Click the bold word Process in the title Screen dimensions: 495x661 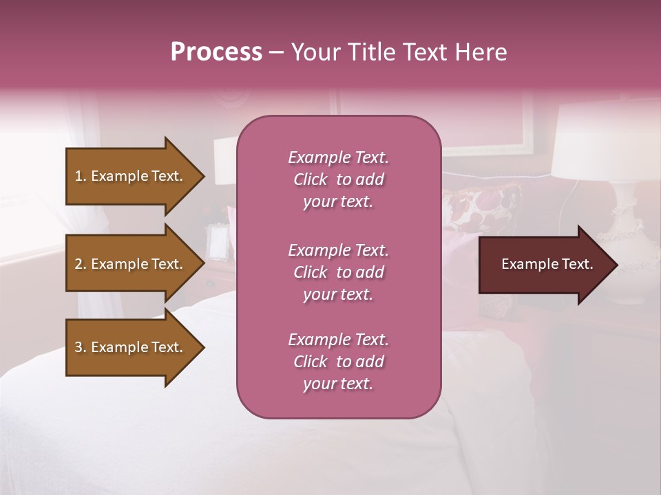216,52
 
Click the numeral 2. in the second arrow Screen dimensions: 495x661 80,264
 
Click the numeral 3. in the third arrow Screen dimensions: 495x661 80,347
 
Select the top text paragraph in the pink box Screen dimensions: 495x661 338,179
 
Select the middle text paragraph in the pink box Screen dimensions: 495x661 338,272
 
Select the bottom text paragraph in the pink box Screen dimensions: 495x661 338,362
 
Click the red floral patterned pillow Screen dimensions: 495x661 475,210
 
